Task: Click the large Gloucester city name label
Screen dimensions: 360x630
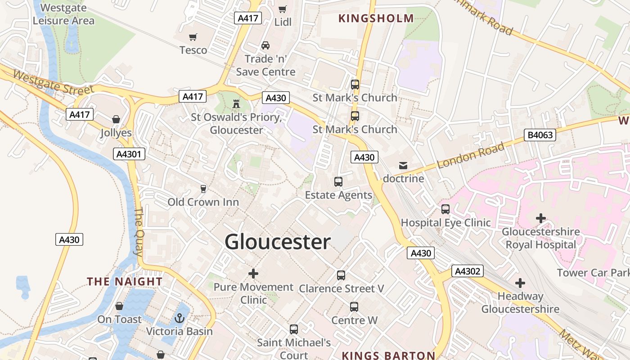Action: click(x=278, y=242)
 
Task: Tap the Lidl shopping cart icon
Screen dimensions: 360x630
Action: click(x=283, y=9)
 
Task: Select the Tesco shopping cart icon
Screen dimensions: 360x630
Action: click(x=193, y=37)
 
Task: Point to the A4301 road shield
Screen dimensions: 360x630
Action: click(x=129, y=154)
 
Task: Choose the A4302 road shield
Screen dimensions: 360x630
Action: click(x=468, y=271)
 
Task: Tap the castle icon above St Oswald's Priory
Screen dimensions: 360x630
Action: click(x=236, y=104)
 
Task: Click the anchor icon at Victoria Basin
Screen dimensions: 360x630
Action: click(x=179, y=319)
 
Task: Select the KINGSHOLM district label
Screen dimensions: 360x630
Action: click(x=376, y=18)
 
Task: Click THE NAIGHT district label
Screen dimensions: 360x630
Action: click(x=125, y=282)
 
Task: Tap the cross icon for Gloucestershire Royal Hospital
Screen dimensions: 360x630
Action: click(x=540, y=219)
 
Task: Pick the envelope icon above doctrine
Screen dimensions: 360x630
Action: click(x=403, y=166)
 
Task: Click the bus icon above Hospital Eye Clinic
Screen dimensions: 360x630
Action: click(x=445, y=209)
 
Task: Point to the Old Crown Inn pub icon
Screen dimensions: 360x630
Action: click(x=203, y=189)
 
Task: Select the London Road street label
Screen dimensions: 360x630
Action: click(x=471, y=156)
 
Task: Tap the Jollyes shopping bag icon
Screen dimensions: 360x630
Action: click(x=116, y=120)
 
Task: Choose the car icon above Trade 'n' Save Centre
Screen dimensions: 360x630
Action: click(x=265, y=45)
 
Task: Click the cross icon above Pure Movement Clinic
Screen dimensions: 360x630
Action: click(x=253, y=273)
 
